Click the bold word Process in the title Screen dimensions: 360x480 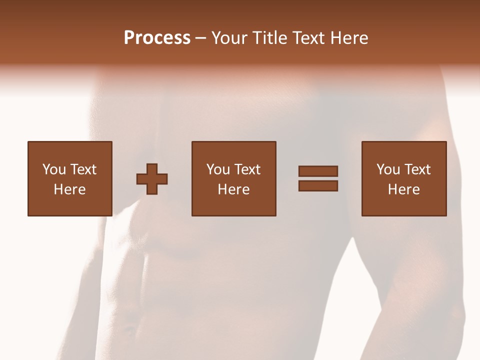(157, 38)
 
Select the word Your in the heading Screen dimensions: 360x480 (230, 38)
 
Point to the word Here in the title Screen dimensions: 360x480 (349, 38)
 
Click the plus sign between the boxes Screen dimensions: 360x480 (152, 179)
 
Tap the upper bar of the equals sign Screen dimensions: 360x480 (318, 171)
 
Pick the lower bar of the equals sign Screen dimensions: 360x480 (318, 185)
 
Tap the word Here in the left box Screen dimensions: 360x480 (69, 189)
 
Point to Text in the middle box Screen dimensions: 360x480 (247, 169)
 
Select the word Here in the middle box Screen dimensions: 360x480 (233, 189)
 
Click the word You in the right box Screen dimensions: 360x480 (388, 169)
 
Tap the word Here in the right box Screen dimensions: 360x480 (403, 189)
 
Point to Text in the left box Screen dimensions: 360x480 (83, 169)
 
